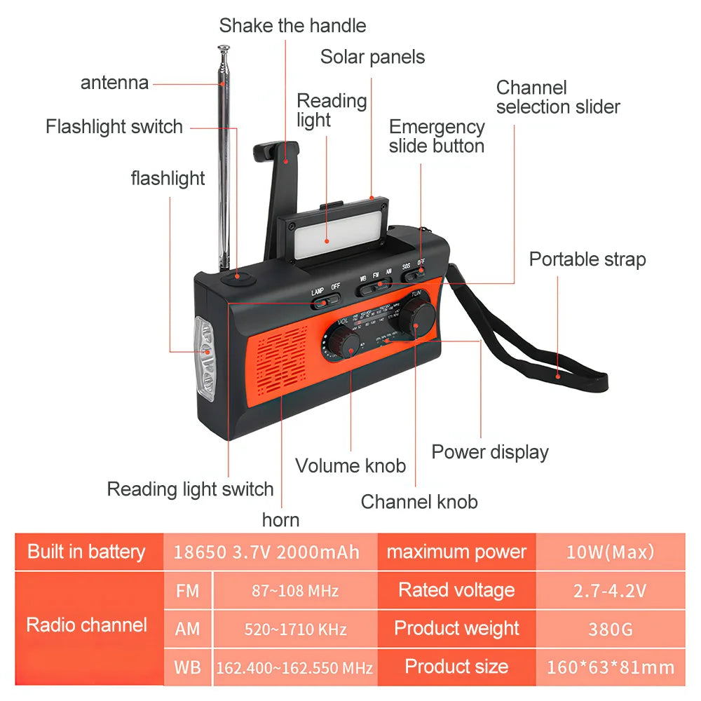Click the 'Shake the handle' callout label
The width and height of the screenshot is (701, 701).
point(292,26)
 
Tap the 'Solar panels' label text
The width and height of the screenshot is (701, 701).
point(372,57)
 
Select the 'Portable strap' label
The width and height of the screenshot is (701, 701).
point(587,259)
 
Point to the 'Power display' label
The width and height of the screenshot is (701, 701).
point(489,452)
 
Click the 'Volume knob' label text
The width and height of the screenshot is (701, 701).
point(350,465)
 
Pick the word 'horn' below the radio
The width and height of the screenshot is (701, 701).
point(280,520)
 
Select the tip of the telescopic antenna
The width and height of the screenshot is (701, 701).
point(224,49)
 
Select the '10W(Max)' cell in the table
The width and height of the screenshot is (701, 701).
point(610,552)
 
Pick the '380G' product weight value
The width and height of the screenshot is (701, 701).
point(610,629)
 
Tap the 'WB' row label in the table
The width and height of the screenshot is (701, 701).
point(187,667)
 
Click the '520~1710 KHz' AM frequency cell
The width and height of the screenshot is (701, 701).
point(295,629)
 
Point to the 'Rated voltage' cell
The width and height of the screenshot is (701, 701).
point(456,590)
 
